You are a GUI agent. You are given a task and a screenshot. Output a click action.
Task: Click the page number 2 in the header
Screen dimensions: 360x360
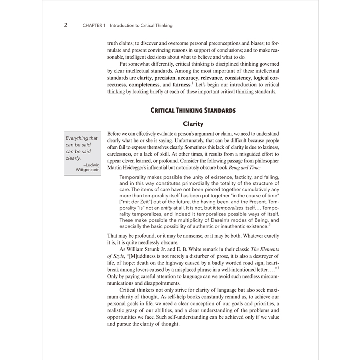[66, 25]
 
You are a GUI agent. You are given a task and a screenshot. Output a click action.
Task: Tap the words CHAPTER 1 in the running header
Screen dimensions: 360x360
[94, 26]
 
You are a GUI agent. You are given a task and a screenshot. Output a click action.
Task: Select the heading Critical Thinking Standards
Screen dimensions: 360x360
[193, 110]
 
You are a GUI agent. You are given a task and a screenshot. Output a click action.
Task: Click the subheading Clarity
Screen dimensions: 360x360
[193, 124]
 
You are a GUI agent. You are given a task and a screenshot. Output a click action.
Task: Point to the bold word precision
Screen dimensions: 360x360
[165, 78]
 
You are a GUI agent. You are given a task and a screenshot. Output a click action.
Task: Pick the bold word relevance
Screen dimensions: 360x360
[211, 78]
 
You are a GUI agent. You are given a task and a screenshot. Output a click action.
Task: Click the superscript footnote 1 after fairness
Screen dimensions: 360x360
[192, 83]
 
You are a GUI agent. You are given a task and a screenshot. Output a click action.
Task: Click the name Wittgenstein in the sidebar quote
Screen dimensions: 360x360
[88, 170]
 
